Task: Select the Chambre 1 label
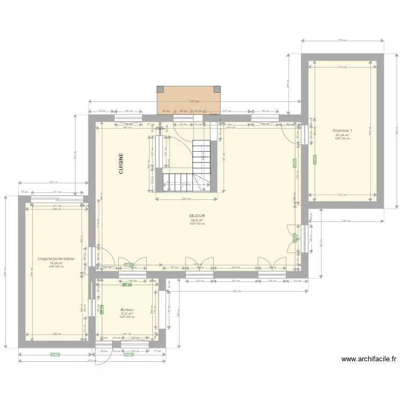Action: [342, 131]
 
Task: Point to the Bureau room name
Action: [127, 310]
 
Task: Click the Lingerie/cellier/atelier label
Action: [56, 259]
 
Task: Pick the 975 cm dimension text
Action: [195, 101]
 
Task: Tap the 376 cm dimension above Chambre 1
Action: [343, 40]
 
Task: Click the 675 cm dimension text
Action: [92, 360]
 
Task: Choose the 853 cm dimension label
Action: [236, 291]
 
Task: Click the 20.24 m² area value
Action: [342, 135]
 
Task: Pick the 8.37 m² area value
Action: [127, 314]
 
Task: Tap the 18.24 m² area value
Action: [56, 263]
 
